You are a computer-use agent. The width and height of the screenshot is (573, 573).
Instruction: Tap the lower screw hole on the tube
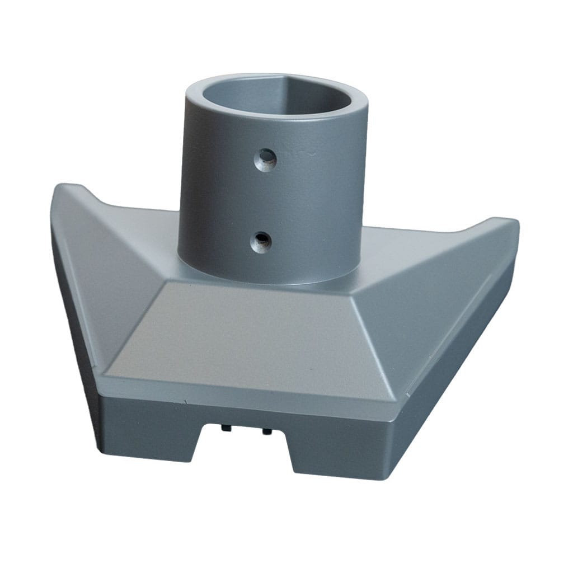point(260,241)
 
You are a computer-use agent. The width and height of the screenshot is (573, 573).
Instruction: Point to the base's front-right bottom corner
point(392,476)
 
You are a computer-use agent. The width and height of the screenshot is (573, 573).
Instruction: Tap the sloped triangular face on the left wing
point(112,280)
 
